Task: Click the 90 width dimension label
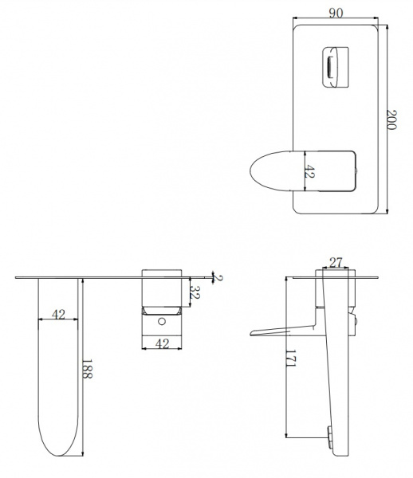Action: [336, 13]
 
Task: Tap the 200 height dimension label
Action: [391, 119]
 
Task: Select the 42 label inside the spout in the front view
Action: [310, 171]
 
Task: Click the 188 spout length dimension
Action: [87, 369]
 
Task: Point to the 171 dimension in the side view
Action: [291, 358]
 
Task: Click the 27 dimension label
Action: [336, 262]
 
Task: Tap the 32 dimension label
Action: [195, 292]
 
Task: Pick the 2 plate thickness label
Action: [218, 278]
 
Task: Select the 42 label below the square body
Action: [162, 344]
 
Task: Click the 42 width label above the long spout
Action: [58, 314]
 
